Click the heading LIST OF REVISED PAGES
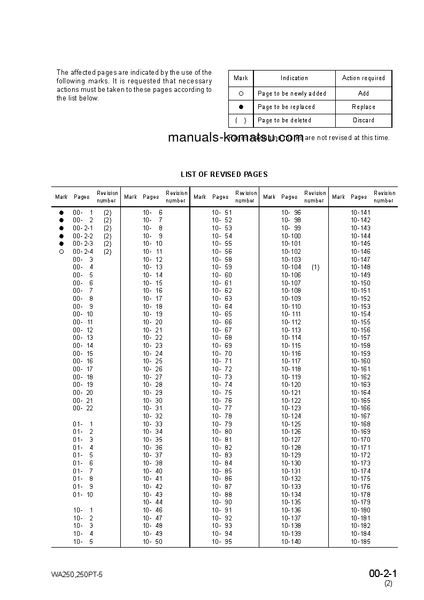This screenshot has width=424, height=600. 224,174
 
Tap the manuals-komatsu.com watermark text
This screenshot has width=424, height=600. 235,138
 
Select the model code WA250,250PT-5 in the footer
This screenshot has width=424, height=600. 77,575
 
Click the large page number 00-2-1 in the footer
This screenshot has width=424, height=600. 383,574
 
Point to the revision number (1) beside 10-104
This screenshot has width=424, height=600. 315,267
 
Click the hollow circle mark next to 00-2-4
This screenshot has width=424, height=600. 61,252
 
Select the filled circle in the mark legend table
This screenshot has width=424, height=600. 241,107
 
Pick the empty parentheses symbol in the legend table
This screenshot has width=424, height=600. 241,121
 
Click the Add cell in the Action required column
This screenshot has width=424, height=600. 364,93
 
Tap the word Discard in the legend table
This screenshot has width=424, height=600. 364,121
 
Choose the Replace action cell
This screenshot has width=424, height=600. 364,107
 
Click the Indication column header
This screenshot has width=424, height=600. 294,78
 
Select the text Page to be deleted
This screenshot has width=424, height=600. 284,121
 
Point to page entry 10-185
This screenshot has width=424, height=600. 360,542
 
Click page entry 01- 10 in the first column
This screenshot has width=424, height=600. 83,495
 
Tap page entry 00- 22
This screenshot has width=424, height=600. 83,408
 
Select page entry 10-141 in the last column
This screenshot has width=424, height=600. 360,213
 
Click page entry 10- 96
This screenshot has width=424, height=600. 291,213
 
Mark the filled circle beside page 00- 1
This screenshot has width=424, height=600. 61,213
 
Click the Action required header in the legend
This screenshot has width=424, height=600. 364,78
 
